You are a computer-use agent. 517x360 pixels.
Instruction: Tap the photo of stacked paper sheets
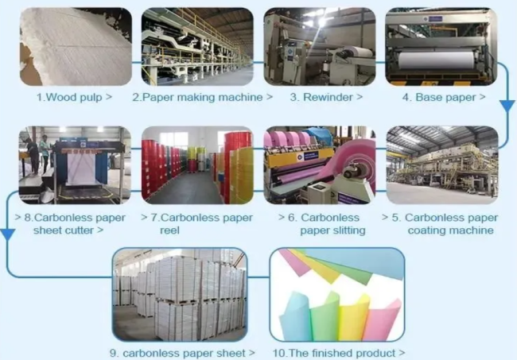(179, 294)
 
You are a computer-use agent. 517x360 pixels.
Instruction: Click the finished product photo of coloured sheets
(337, 294)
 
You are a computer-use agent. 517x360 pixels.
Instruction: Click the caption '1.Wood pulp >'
(74, 98)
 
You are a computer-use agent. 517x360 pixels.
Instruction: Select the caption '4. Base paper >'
(443, 98)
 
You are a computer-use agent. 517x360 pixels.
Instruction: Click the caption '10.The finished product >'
(338, 352)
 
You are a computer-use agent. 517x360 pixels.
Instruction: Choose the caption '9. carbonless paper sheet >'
(183, 352)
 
